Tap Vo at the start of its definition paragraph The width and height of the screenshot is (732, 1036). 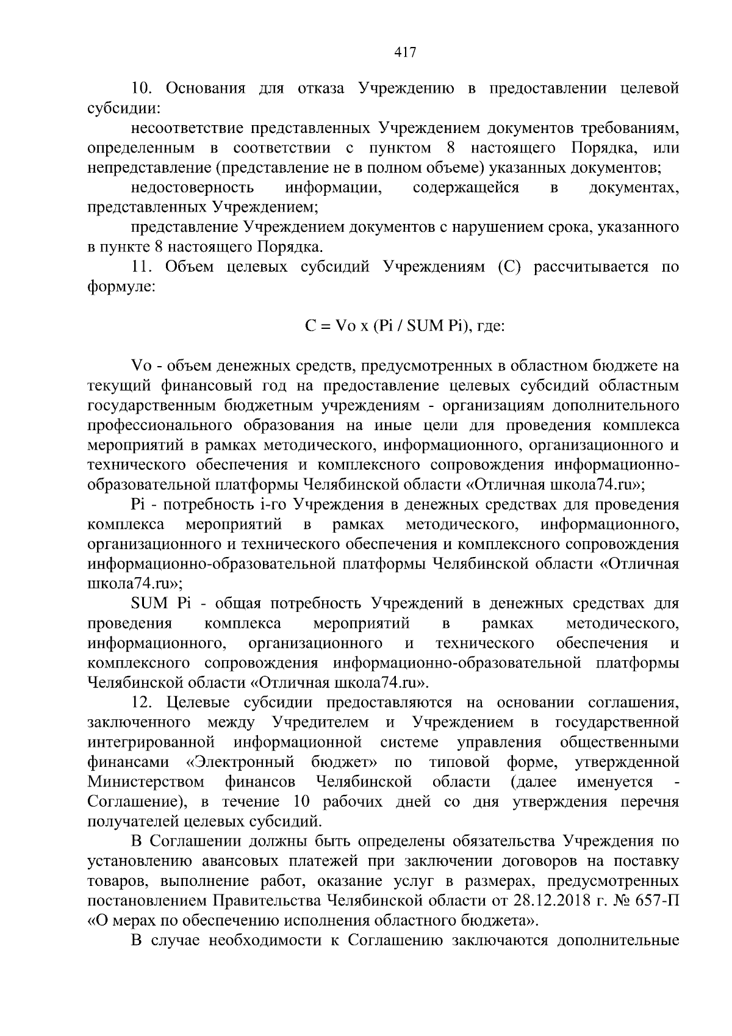pyautogui.click(x=141, y=366)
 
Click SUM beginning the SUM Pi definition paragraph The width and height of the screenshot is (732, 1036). pyautogui.click(x=149, y=604)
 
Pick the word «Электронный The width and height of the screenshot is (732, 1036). pyautogui.click(x=240, y=762)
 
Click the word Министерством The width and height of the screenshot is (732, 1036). pyautogui.click(x=146, y=782)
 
